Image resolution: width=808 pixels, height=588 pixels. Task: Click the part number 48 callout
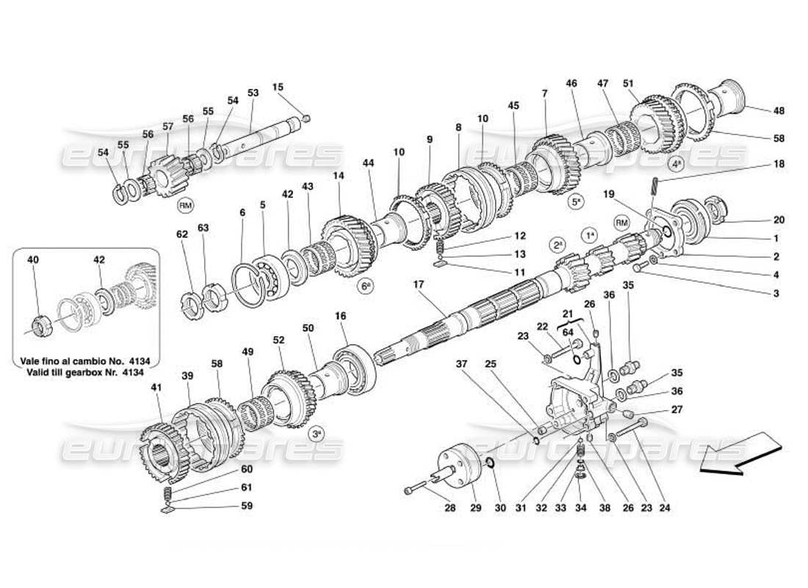[778, 111]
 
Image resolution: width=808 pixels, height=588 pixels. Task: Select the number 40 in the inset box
[33, 259]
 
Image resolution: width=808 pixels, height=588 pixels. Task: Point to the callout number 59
[247, 506]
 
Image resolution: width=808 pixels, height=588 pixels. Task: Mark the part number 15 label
[278, 87]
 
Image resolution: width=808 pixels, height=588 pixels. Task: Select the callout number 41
[156, 387]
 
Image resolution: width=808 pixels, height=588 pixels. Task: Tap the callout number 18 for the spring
[778, 165]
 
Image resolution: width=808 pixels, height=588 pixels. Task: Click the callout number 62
[182, 235]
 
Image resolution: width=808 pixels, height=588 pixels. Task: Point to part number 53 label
[253, 93]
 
